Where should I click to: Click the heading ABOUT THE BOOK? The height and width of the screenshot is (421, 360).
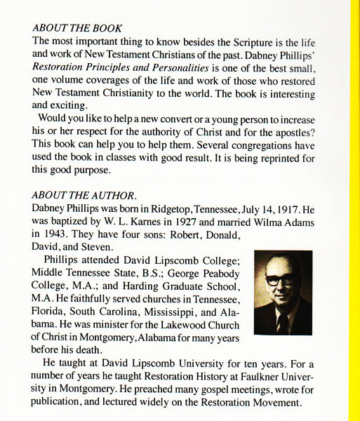(77, 29)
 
